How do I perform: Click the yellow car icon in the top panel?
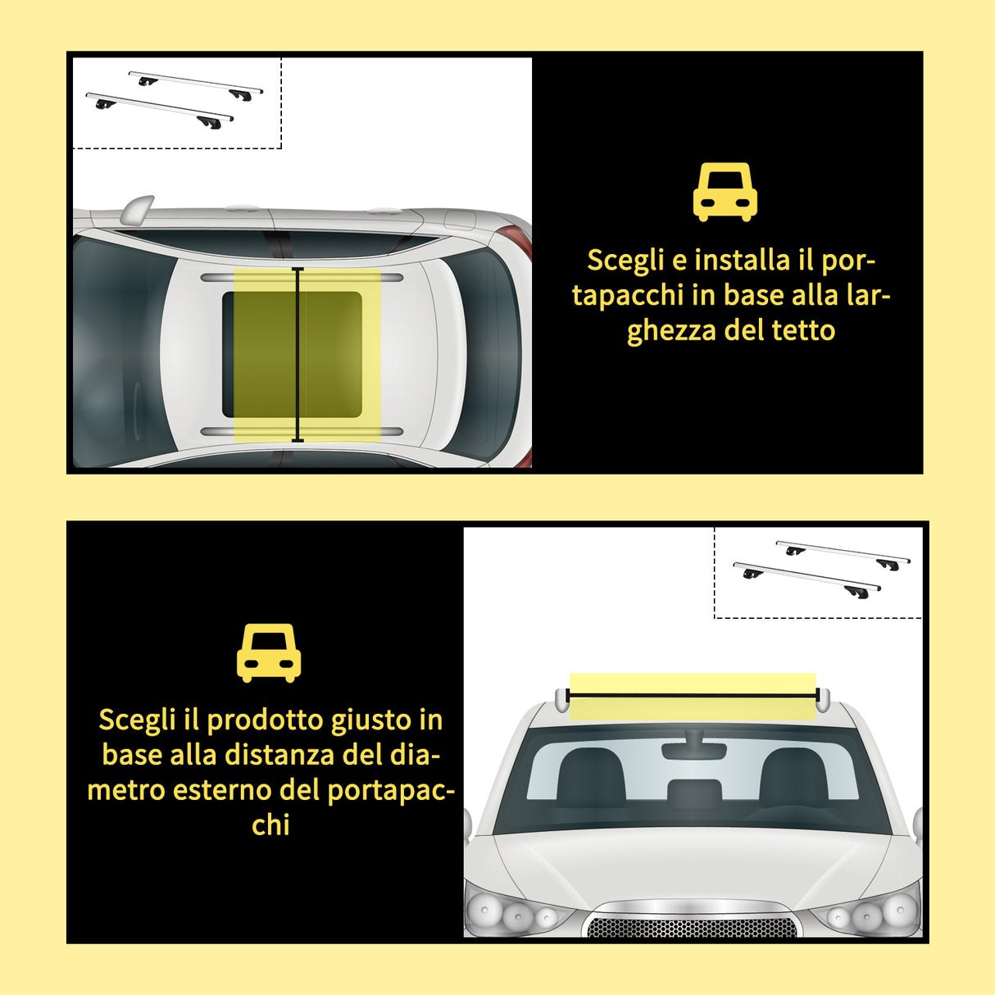coord(725,192)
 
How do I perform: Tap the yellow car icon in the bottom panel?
coord(268,653)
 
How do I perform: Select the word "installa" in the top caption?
coord(742,260)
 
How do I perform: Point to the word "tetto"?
coord(803,330)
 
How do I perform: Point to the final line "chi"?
coord(270,825)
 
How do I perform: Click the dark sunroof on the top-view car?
coord(293,353)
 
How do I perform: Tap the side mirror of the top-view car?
coord(136,210)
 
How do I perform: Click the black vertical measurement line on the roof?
coord(298,354)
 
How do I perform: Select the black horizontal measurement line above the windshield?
coord(693,696)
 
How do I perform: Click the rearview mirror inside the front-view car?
coord(693,751)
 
